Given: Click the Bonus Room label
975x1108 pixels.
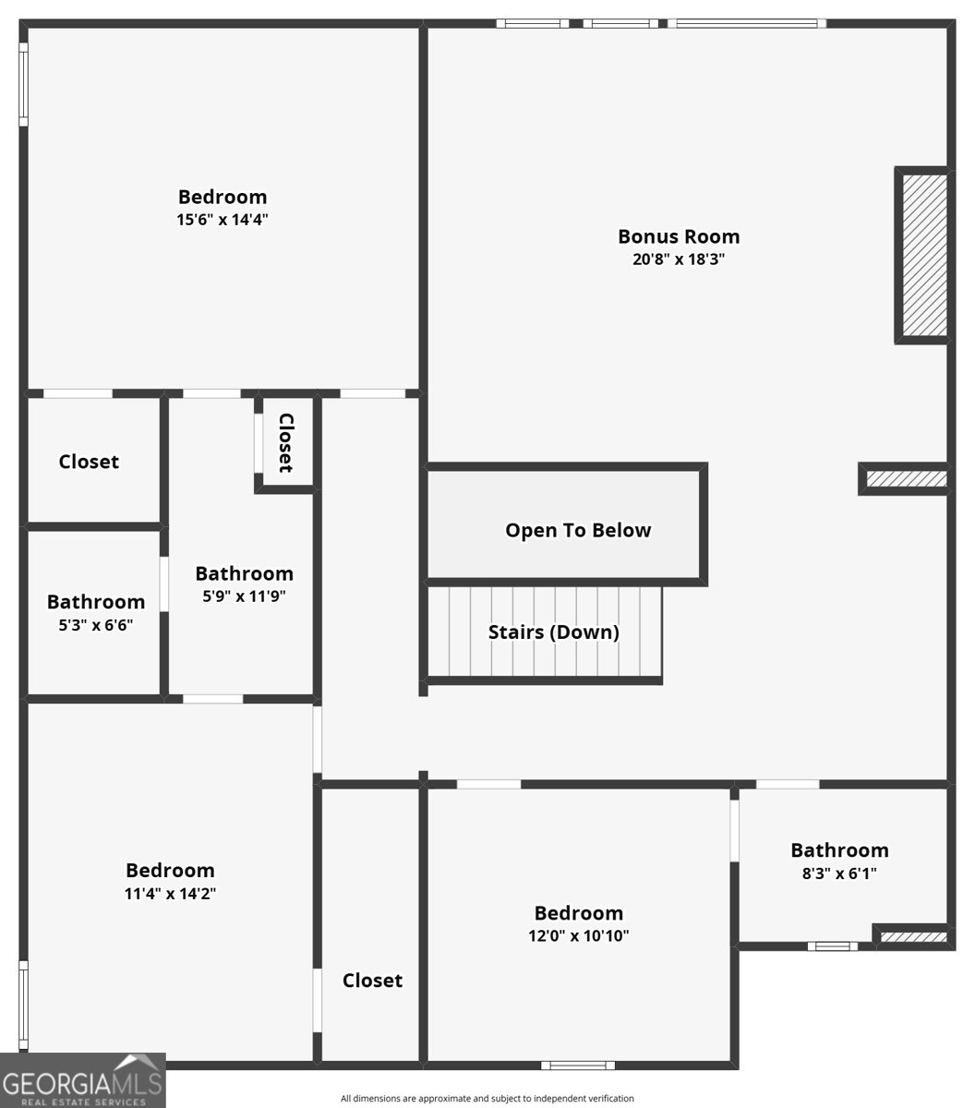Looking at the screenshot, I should coord(679,236).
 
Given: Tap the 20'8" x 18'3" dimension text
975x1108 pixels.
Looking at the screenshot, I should coord(679,259).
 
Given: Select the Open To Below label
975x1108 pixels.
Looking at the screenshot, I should coord(578,530).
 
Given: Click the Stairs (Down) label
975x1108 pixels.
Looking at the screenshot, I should coord(553,632).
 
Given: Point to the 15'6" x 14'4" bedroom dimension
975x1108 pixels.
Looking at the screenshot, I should coord(223,220).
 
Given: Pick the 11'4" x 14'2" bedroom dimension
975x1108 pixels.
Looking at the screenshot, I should coord(171,894).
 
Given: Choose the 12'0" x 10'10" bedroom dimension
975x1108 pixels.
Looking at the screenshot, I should coord(579,936).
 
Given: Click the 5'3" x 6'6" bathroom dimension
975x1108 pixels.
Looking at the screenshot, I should coord(96,625).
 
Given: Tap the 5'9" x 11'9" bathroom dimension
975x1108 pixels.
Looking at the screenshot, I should coord(244,596).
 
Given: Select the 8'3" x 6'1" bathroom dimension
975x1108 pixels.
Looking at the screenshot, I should coord(839,873).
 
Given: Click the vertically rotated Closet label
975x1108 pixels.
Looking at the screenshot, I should coord(286,442).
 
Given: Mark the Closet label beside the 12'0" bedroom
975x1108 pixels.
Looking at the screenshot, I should coord(372,981).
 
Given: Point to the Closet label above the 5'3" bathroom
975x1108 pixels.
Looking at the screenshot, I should coord(89,462).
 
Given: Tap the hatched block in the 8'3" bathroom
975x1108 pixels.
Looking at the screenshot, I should coord(912,937).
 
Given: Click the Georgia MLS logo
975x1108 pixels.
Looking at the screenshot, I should coord(82,1081).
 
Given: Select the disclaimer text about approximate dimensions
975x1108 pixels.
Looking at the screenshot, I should coord(487,1099).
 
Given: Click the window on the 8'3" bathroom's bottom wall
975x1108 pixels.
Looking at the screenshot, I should coord(832,945).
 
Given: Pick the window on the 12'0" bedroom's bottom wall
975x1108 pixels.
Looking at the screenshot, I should coord(578,1066).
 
